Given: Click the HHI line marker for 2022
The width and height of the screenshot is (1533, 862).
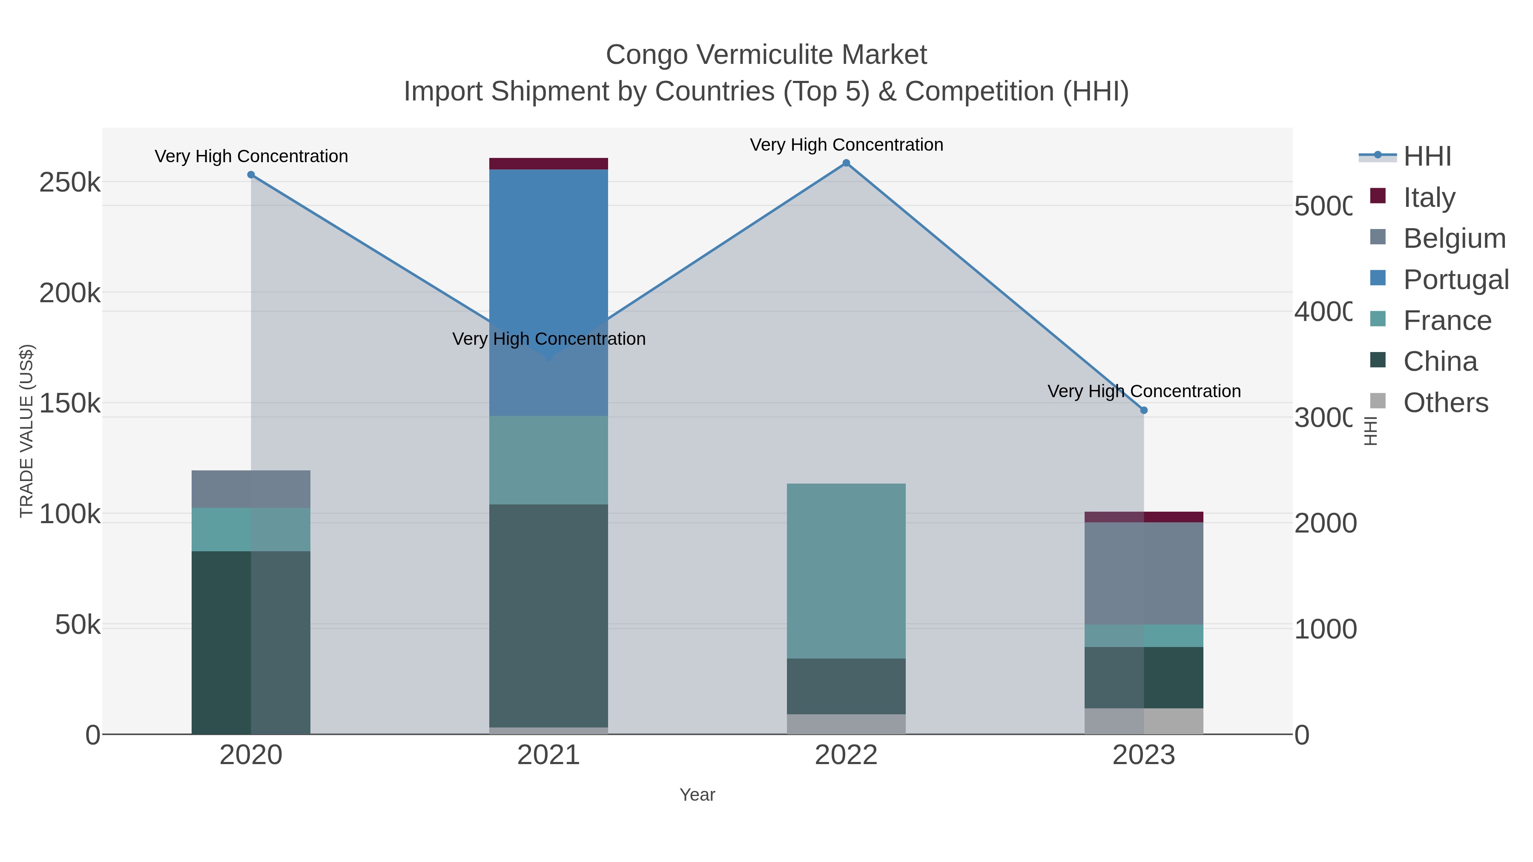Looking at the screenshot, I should (x=846, y=163).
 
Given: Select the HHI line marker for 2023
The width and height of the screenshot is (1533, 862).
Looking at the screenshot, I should (x=1143, y=410).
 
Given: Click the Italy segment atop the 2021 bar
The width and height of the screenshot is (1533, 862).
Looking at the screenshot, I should (x=548, y=163).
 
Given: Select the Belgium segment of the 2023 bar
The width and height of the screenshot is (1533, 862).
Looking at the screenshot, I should (x=1143, y=573).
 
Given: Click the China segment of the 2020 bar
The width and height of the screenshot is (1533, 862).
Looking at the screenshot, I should (x=250, y=642).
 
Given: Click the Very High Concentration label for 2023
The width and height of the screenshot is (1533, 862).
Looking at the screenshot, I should (x=1143, y=392).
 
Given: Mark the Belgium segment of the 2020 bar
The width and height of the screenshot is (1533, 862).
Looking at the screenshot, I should (x=250, y=489).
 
